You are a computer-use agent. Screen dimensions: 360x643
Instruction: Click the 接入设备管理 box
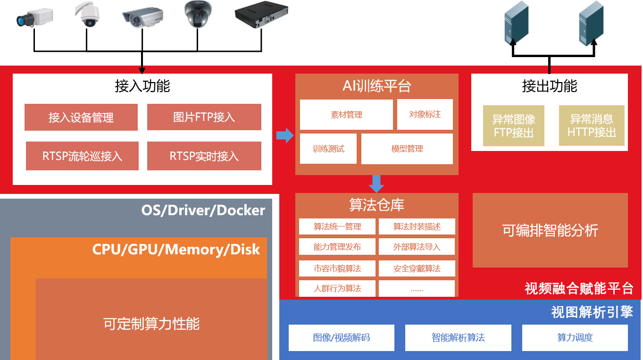[81, 117]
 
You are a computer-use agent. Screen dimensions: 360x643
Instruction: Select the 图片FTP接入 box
[204, 117]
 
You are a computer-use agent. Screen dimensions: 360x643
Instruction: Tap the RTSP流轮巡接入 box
[82, 156]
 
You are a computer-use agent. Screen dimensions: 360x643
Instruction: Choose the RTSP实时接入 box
[204, 156]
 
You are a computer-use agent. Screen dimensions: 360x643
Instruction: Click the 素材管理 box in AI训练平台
[346, 115]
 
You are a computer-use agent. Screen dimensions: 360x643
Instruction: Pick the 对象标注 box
[425, 114]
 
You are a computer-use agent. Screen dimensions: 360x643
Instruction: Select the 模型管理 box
[407, 149]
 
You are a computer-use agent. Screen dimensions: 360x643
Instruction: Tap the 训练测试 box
[328, 149]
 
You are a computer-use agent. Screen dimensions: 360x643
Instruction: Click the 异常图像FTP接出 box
[513, 126]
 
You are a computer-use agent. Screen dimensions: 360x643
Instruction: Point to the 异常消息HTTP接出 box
[592, 126]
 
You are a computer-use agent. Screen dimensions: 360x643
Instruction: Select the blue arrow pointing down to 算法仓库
[376, 184]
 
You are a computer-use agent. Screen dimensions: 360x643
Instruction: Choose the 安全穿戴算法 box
[417, 268]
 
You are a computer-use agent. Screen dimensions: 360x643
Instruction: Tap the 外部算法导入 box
[417, 247]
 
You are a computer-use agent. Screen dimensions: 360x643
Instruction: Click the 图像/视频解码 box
[341, 338]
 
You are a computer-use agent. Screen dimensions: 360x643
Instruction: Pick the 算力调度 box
[575, 338]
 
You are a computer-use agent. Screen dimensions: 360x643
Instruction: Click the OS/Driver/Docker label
[203, 210]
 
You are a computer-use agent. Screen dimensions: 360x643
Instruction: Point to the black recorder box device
[261, 14]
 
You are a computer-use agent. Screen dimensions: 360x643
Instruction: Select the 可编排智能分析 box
[550, 230]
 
